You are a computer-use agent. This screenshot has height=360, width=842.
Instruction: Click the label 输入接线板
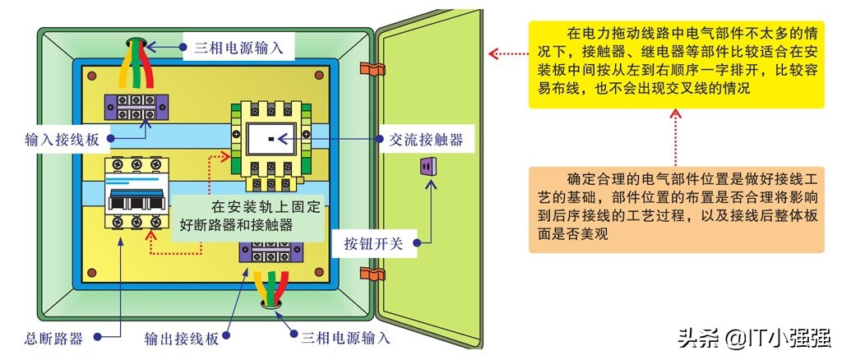tap(62, 140)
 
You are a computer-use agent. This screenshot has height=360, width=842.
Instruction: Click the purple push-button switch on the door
tap(426, 167)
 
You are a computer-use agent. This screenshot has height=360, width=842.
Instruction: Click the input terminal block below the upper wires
tap(136, 106)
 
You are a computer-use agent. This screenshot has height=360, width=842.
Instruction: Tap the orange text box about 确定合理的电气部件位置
tap(675, 209)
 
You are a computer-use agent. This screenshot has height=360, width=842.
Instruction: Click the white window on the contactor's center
tap(269, 141)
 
